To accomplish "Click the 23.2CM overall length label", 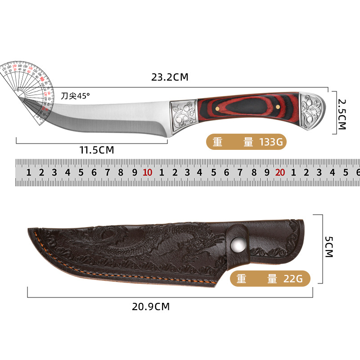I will [170, 77].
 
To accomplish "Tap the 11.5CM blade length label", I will [97, 150].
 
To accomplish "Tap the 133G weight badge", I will [246, 142].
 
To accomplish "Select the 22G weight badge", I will [270, 279].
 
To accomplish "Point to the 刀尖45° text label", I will [76, 95].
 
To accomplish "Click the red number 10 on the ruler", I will [147, 172].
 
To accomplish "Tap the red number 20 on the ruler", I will [280, 172].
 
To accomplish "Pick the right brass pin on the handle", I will [278, 107].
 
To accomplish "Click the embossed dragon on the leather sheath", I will [148, 245].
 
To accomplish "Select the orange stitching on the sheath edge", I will [112, 275].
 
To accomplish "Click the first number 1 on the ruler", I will [28, 172].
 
